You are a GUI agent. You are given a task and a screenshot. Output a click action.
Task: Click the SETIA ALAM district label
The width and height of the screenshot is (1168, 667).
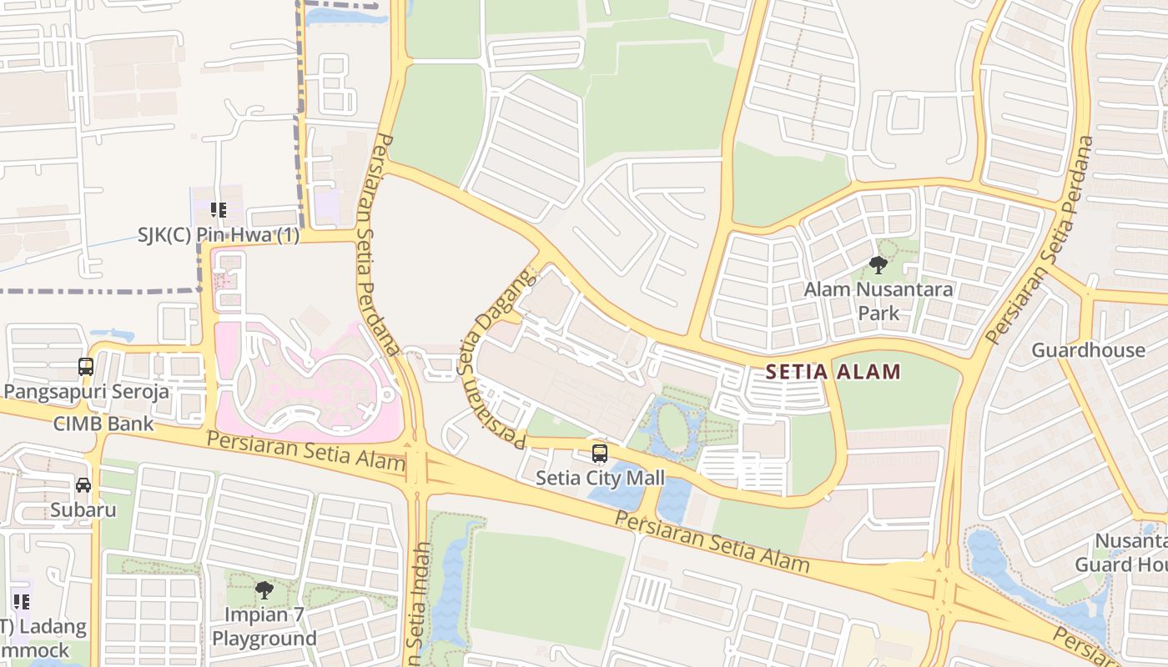click(833, 372)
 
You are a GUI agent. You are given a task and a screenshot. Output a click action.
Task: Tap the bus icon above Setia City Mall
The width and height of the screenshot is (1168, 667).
click(600, 454)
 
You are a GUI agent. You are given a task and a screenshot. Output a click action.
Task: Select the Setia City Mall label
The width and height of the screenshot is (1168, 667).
click(600, 478)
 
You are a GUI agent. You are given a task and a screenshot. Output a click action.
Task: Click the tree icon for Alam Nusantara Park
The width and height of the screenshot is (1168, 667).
click(878, 266)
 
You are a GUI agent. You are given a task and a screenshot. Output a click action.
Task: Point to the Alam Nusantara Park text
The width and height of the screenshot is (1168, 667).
click(879, 301)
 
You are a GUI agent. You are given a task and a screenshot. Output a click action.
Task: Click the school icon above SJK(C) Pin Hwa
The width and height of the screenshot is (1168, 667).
click(219, 210)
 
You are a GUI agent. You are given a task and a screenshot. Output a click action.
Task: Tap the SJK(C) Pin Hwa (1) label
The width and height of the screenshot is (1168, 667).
click(219, 235)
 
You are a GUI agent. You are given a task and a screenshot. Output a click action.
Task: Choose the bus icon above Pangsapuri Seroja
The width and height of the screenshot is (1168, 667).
click(86, 366)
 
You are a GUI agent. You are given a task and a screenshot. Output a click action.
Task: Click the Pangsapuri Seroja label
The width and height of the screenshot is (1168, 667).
click(87, 391)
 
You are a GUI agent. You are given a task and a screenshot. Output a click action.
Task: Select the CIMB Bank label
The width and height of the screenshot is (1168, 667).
click(103, 424)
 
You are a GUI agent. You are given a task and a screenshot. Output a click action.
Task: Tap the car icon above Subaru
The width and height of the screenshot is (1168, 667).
click(83, 485)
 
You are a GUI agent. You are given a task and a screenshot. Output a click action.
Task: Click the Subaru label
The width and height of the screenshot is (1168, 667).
click(83, 509)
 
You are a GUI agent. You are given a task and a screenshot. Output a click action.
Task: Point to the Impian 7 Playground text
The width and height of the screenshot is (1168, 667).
click(264, 628)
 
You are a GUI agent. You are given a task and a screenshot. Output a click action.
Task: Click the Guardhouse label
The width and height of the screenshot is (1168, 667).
click(1088, 349)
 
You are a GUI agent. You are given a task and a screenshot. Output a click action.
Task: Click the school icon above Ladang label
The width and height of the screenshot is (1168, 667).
click(22, 601)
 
